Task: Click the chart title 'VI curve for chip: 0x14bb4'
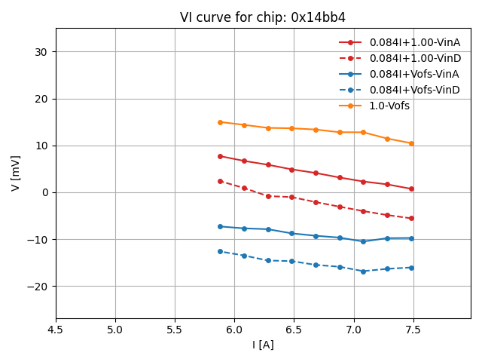(x=263, y=17)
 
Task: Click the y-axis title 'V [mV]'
(x=16, y=173)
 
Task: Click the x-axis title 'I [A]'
(x=263, y=345)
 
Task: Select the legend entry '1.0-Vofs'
(x=389, y=106)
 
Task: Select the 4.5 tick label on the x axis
(x=56, y=330)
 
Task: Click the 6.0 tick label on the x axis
(x=234, y=330)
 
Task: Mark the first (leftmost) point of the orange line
(x=220, y=122)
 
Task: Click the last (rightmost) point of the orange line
(x=411, y=143)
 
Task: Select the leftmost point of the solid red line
(x=220, y=156)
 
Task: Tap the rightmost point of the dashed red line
(x=411, y=219)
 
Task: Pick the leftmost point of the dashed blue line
(x=220, y=251)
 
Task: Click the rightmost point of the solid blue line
(x=411, y=238)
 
